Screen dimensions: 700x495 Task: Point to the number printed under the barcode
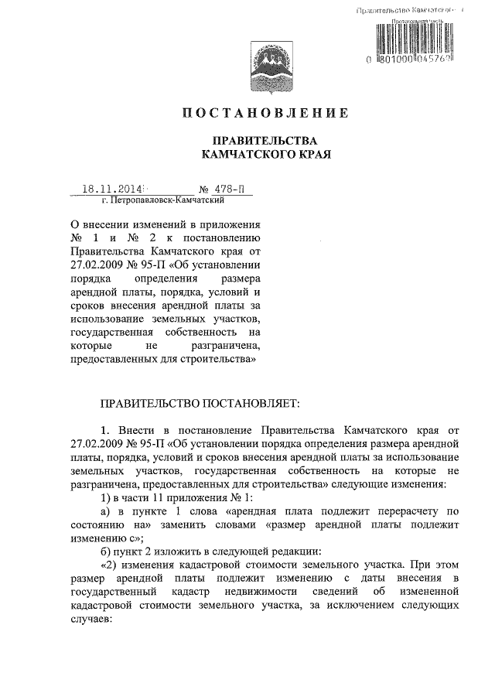pyautogui.click(x=410, y=59)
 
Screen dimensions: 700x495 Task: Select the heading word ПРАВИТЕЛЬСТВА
pyautogui.click(x=265, y=141)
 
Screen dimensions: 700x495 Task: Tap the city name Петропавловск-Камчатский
pyautogui.click(x=163, y=200)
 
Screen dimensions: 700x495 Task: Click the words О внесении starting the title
pyautogui.click(x=106, y=224)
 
